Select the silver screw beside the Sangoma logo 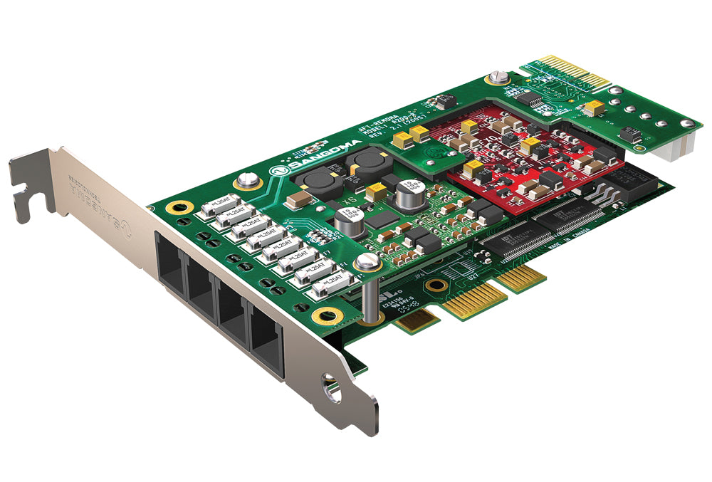click(x=247, y=181)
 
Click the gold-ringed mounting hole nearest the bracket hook click(x=173, y=208)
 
